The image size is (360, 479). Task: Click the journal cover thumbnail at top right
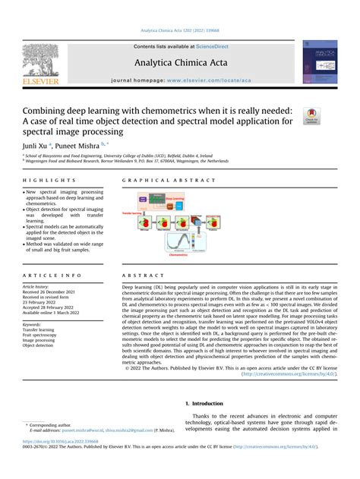(321, 61)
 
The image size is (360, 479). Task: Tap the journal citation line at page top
(179, 30)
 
